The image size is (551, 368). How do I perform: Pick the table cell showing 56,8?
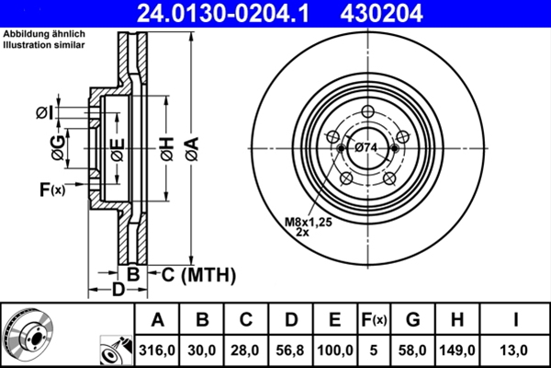[290, 351]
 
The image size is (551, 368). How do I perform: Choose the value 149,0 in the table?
[462, 351]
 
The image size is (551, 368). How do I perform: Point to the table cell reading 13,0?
[517, 351]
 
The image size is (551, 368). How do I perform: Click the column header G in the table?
[413, 320]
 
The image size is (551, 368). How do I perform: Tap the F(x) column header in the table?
[374, 320]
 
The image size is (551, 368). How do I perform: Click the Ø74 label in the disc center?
[366, 148]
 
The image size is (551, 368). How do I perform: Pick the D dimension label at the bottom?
[118, 291]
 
